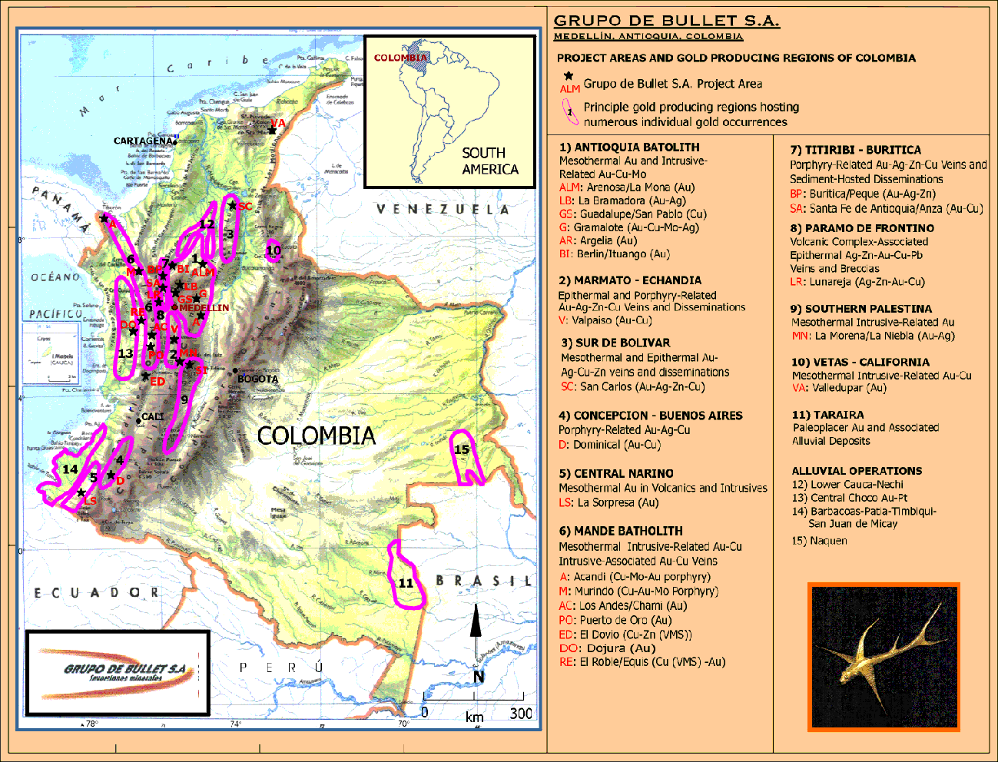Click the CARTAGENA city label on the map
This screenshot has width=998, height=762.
click(143, 141)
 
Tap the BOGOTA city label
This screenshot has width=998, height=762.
click(257, 379)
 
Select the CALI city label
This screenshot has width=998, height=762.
click(153, 416)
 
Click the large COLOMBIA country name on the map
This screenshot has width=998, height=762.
click(316, 436)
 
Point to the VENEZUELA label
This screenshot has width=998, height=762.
click(443, 209)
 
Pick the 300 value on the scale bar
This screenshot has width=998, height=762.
click(521, 713)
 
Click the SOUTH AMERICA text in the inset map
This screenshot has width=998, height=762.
click(489, 161)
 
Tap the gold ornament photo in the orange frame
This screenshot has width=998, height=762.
click(884, 657)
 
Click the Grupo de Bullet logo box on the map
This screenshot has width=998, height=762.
click(118, 673)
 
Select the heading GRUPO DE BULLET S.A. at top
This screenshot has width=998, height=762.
click(666, 21)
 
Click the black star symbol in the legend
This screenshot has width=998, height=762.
click(569, 76)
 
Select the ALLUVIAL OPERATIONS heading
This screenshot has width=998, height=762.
click(857, 471)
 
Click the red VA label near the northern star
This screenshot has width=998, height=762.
click(278, 123)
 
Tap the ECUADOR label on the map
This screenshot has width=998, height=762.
click(96, 592)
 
